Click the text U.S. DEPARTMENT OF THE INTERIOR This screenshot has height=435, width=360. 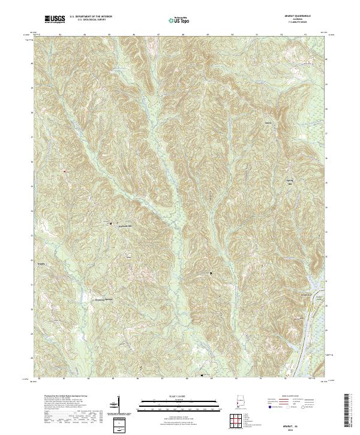click(91, 17)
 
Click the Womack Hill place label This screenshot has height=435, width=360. click(123, 225)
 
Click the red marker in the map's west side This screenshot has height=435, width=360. click(63, 172)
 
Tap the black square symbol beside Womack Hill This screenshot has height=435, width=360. click(111, 224)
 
